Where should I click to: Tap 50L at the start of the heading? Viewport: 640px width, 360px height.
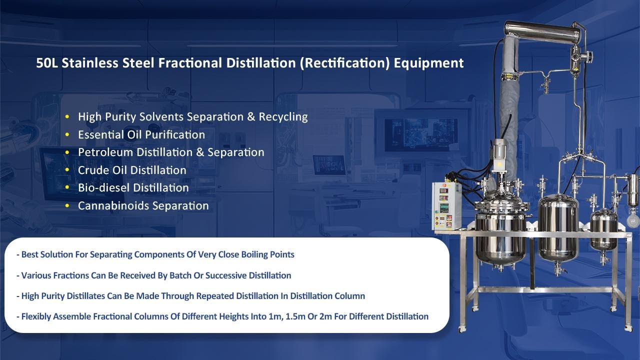[46, 63]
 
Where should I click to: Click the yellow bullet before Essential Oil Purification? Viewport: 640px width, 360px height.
[67, 135]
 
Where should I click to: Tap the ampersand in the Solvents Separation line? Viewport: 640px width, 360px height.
[251, 117]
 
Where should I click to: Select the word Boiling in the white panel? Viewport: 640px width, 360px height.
[254, 254]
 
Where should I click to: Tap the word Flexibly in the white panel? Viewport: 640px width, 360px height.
[36, 316]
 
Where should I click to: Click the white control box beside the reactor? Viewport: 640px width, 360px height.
[446, 205]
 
